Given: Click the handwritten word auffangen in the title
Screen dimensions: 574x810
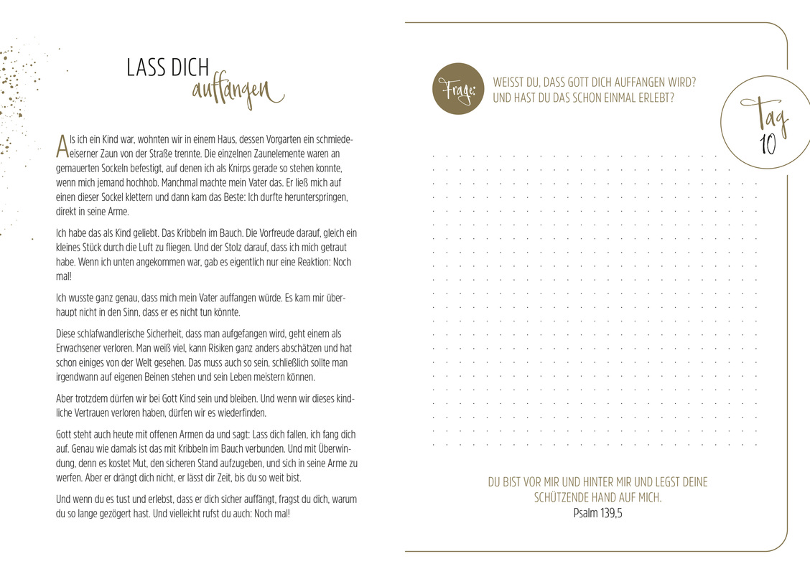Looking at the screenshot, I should click(x=237, y=93).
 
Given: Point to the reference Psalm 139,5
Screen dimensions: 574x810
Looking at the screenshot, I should click(x=597, y=513).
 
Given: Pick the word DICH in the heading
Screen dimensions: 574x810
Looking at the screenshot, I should click(x=190, y=68).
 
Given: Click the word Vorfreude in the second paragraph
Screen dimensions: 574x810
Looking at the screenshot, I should click(x=235, y=233).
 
